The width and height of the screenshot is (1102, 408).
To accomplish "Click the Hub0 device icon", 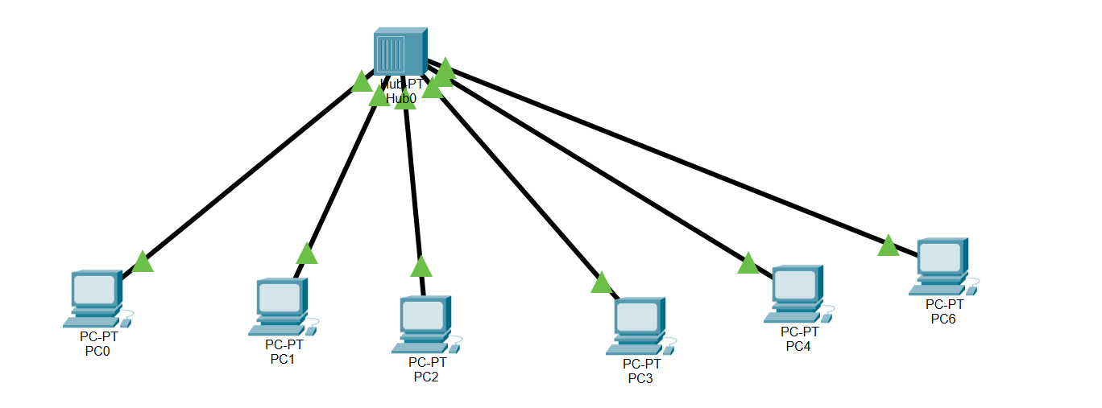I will [x=400, y=52].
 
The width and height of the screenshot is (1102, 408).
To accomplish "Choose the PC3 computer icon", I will [x=639, y=326].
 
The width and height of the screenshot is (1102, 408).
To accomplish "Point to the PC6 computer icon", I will [x=941, y=266].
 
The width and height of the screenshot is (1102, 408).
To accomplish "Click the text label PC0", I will [x=97, y=350].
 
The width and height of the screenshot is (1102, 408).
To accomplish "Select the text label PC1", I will [x=283, y=359].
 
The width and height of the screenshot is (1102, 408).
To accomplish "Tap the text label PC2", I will [x=426, y=377].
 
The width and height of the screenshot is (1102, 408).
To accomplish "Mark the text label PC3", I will [x=640, y=378].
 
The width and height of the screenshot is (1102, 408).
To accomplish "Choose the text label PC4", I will [x=798, y=346].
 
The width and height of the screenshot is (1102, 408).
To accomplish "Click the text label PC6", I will [x=943, y=319].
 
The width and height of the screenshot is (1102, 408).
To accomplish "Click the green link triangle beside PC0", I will [x=143, y=262].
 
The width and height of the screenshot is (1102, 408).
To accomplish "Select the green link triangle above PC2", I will [x=421, y=267].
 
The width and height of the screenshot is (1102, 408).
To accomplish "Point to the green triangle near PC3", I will [x=601, y=283].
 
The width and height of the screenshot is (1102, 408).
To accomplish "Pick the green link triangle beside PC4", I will [x=748, y=264].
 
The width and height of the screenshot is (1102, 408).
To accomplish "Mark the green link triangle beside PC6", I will [x=888, y=246].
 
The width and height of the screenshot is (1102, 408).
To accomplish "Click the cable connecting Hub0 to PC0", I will [x=250, y=170].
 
